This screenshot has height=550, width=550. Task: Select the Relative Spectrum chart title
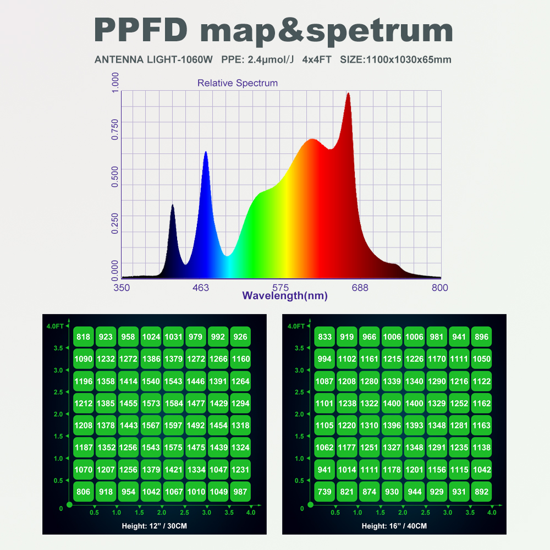238,83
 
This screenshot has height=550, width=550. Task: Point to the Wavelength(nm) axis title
285,296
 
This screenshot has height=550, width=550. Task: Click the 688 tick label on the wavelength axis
360,288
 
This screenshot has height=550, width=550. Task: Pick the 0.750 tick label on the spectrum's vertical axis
115,130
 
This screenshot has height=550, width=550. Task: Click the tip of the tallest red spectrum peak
348,94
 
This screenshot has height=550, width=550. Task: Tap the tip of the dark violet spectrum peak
172,205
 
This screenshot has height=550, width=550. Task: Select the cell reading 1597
173,425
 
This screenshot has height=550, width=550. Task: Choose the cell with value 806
84,492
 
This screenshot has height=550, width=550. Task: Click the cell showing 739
324,492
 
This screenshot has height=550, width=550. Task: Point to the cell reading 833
324,337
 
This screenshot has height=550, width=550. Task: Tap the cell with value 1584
173,403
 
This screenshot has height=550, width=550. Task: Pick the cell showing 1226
414,359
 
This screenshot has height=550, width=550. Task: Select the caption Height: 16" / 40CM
394,526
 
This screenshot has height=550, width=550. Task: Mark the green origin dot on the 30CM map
69,504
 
